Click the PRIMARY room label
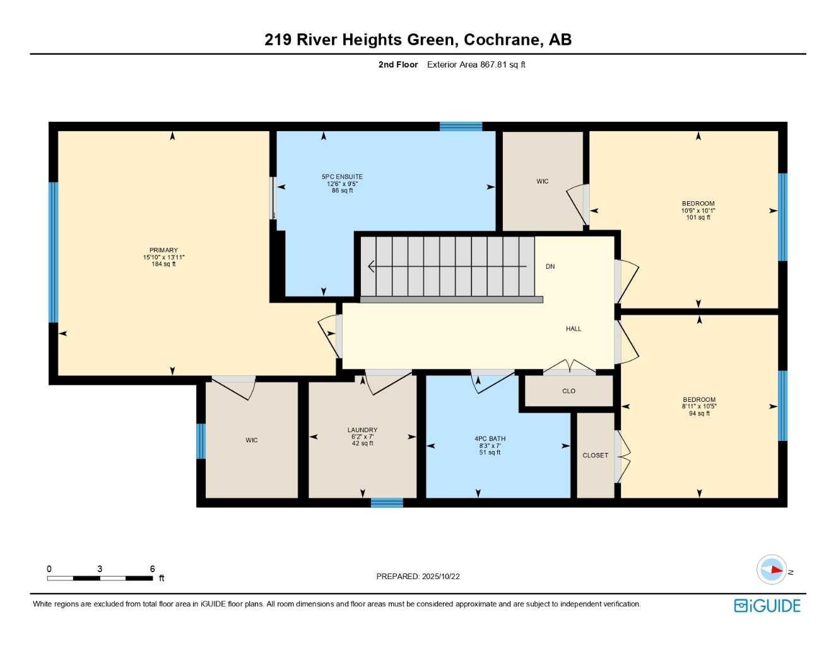click(163, 250)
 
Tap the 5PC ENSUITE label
click(342, 177)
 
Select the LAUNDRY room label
click(362, 430)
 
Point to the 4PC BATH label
click(490, 438)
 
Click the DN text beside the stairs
click(550, 266)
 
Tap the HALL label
click(573, 329)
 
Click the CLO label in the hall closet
click(568, 391)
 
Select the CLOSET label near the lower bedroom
click(595, 455)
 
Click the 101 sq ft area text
click(698, 218)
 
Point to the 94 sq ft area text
click(699, 413)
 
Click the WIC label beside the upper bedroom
click(542, 182)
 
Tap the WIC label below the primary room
click(252, 440)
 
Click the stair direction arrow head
click(371, 266)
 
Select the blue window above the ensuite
click(461, 126)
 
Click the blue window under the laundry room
click(387, 503)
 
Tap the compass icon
click(772, 570)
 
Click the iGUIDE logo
click(767, 606)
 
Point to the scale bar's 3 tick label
click(100, 569)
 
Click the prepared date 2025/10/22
click(441, 577)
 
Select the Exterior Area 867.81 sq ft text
click(476, 64)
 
